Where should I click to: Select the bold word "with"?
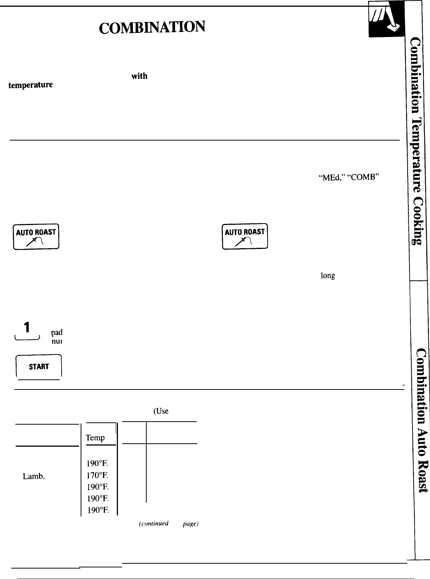139,76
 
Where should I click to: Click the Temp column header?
95,438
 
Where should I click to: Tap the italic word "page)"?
190,524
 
